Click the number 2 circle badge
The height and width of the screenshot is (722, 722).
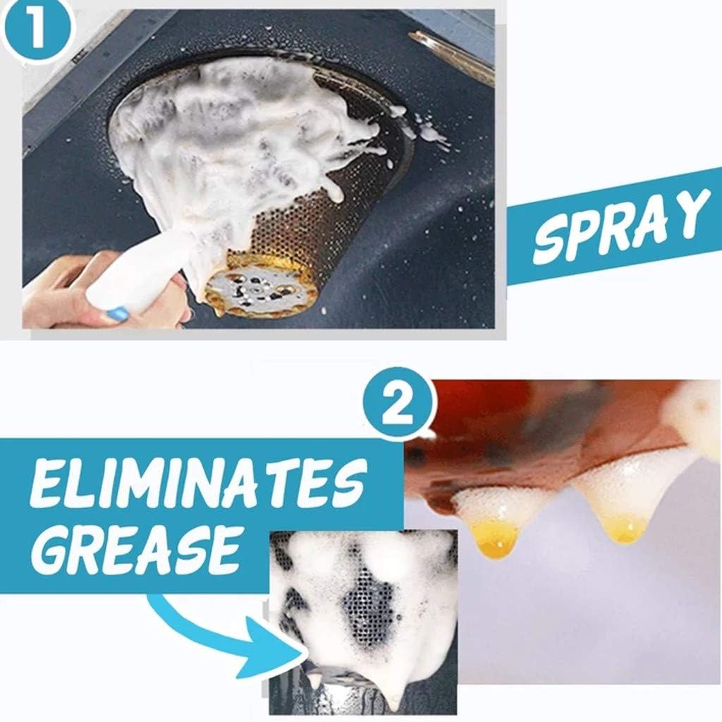pos(398,405)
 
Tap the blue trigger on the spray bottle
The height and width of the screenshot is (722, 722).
pos(120,313)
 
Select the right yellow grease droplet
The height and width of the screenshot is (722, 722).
pos(623,529)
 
